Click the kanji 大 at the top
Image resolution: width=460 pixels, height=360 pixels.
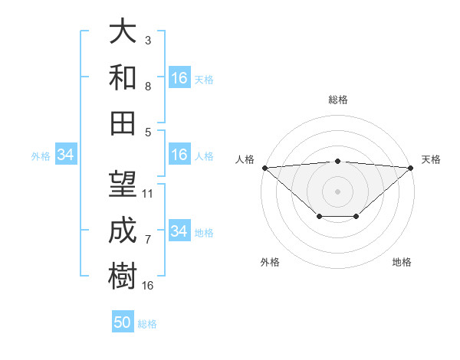pyautogui.click(x=123, y=32)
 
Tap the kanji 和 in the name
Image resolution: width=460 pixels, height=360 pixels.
pyautogui.click(x=123, y=77)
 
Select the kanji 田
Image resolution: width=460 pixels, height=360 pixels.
pyautogui.click(x=123, y=123)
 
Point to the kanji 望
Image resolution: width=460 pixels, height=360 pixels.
pyautogui.click(x=123, y=185)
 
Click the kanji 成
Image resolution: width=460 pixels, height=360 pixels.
pyautogui.click(x=123, y=230)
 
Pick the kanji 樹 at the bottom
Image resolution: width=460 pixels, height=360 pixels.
pyautogui.click(x=123, y=276)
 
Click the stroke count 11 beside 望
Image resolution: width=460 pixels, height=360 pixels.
pyautogui.click(x=148, y=194)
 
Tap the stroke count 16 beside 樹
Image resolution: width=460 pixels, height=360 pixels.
pyautogui.click(x=148, y=285)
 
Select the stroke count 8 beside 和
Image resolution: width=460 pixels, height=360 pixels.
pyautogui.click(x=148, y=87)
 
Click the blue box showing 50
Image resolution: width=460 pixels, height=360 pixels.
pyautogui.click(x=123, y=322)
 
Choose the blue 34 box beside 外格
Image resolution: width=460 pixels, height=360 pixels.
pyautogui.click(x=65, y=155)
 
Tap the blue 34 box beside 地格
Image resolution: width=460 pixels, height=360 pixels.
pyautogui.click(x=179, y=231)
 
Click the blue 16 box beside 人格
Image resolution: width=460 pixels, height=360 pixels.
pyautogui.click(x=179, y=155)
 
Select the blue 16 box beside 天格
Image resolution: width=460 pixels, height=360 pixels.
pyautogui.click(x=179, y=78)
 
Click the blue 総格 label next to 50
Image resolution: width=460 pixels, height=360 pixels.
pyautogui.click(x=147, y=324)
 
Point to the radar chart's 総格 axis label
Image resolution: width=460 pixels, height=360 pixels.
pyautogui.click(x=337, y=100)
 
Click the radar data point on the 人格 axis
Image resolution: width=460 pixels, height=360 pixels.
pyautogui.click(x=264, y=167)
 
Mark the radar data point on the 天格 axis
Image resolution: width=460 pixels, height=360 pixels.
pyautogui.click(x=411, y=167)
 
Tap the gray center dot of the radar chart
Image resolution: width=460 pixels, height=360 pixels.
pyautogui.click(x=337, y=190)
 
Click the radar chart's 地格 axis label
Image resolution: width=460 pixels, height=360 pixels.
pyautogui.click(x=402, y=262)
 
